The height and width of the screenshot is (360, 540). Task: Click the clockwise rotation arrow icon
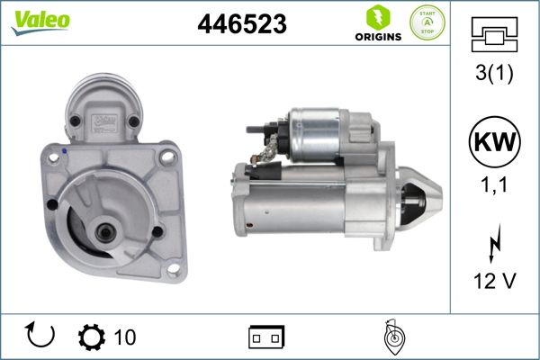[41, 336]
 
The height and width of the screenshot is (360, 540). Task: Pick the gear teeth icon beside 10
[91, 337]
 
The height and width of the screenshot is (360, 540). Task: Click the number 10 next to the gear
[125, 337]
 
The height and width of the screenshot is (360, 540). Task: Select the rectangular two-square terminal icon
[267, 337]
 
